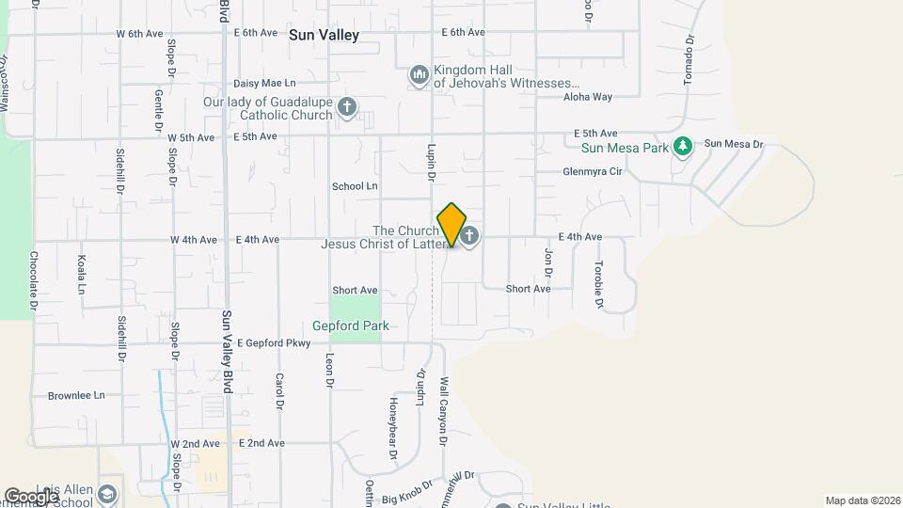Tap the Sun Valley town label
coord(324,35)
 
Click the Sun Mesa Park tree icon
coord(684,146)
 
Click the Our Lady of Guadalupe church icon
coord(347,106)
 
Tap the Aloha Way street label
coord(588,97)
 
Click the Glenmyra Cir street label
coord(593,171)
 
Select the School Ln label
coord(355,186)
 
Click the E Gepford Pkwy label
coord(274,343)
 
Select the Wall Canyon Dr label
coord(443,399)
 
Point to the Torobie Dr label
coord(597,284)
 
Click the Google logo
coord(31,496)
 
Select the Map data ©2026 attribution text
coord(861,500)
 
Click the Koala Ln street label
coord(81,274)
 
